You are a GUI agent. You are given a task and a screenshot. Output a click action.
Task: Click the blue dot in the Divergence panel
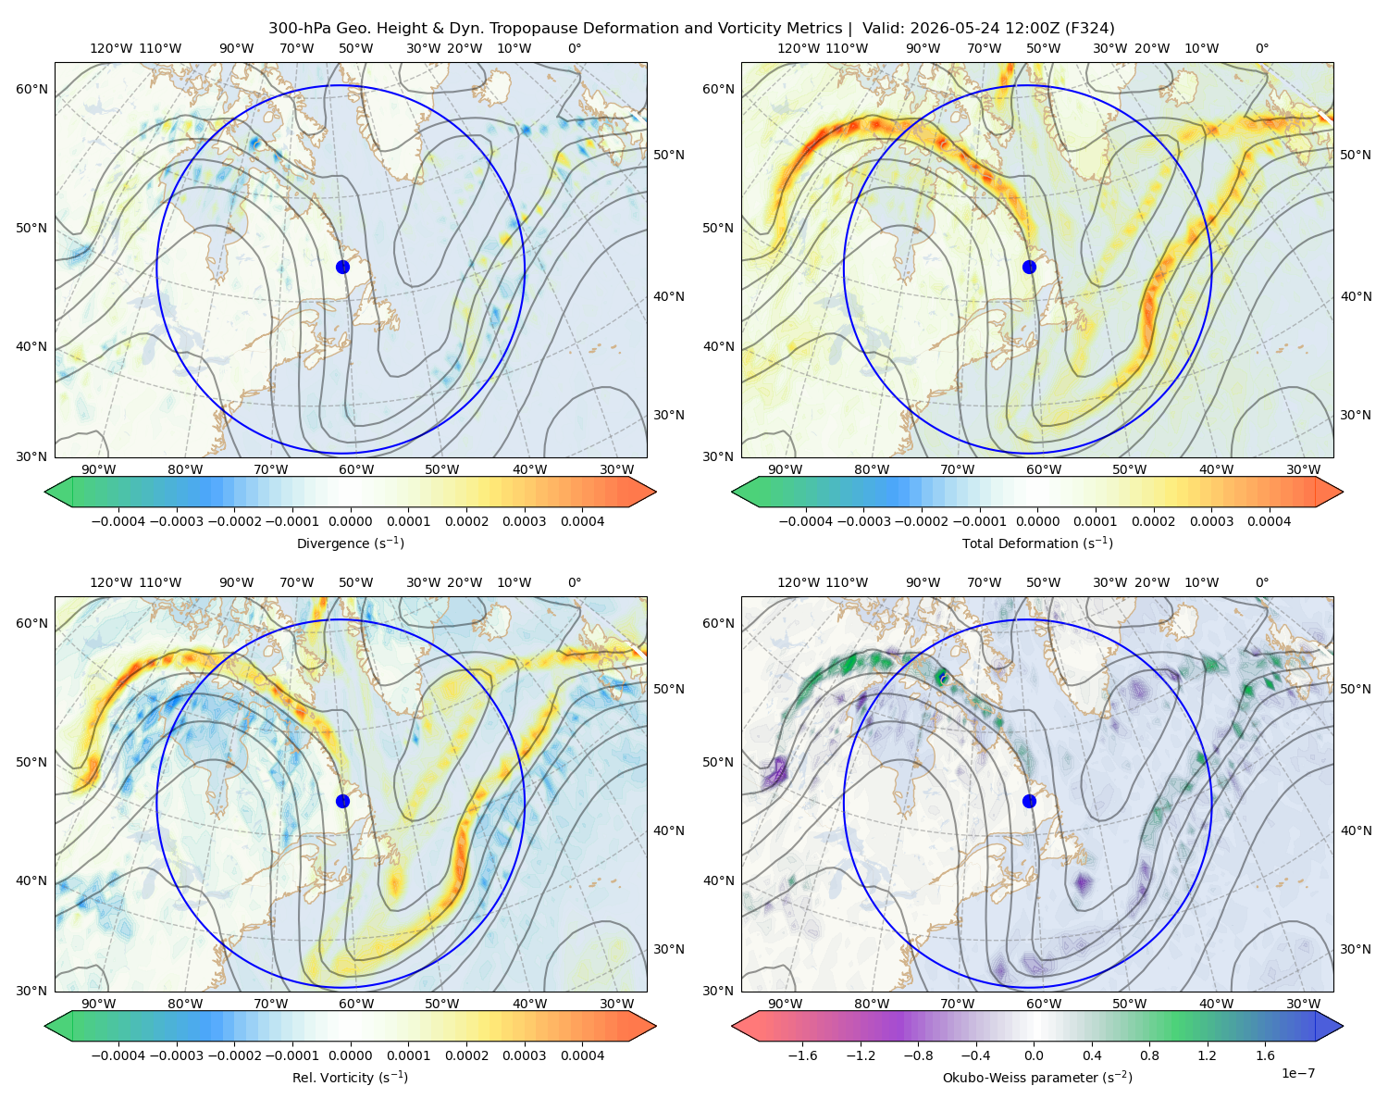pyautogui.click(x=342, y=267)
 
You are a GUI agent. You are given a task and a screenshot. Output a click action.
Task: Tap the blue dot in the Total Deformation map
pyautogui.click(x=1029, y=267)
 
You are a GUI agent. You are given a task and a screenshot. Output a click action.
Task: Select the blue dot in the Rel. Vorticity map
pyautogui.click(x=342, y=801)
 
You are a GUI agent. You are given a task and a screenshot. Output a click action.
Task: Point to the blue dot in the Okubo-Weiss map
pyautogui.click(x=1029, y=801)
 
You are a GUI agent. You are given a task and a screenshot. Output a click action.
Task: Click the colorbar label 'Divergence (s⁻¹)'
pyautogui.click(x=350, y=543)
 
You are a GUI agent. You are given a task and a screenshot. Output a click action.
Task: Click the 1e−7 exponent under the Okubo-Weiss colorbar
pyautogui.click(x=1297, y=1073)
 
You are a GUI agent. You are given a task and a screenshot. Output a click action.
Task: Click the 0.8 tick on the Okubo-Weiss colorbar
pyautogui.click(x=1149, y=1055)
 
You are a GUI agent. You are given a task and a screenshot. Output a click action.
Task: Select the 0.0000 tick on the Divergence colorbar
pyautogui.click(x=350, y=521)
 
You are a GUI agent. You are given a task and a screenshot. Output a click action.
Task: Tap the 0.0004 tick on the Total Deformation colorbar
pyautogui.click(x=1269, y=521)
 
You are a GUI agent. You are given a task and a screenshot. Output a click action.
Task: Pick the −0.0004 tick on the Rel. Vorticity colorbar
pyautogui.click(x=118, y=1055)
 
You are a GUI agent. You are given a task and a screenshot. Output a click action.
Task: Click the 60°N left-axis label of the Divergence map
pyautogui.click(x=31, y=89)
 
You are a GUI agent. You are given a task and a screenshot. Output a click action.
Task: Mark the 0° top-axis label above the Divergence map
pyautogui.click(x=575, y=48)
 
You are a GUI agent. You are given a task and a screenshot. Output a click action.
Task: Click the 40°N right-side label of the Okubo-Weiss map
pyautogui.click(x=1356, y=830)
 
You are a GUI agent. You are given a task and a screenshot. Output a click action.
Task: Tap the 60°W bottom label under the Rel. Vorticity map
pyautogui.click(x=356, y=1004)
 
